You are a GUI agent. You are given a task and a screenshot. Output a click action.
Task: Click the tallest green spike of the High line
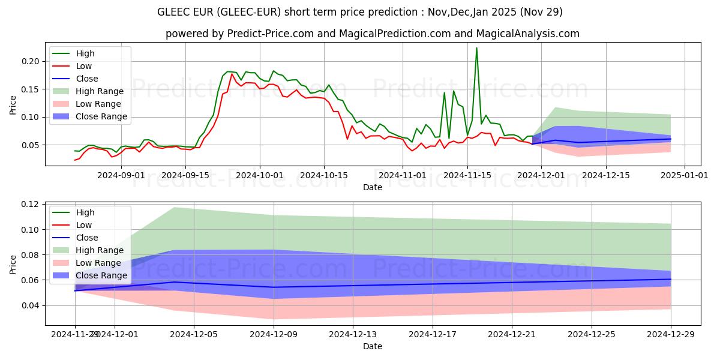[476, 48]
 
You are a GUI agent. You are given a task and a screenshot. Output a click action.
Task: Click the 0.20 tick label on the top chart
[32, 62]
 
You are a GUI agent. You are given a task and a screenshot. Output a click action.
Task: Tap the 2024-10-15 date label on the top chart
[324, 175]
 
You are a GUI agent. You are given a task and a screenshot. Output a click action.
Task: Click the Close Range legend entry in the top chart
[101, 116]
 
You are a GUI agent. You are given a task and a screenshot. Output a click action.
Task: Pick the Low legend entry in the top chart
[85, 66]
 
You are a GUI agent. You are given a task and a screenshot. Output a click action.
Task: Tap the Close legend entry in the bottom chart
[87, 238]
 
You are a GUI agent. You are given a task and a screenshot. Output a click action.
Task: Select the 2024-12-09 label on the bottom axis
[274, 334]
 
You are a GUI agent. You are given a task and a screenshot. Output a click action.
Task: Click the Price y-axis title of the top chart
[13, 104]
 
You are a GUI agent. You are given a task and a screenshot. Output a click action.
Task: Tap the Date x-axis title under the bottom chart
[373, 346]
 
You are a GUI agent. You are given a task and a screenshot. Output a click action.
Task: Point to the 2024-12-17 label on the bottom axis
[433, 334]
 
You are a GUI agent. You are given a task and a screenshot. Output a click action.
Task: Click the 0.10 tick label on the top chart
[32, 118]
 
